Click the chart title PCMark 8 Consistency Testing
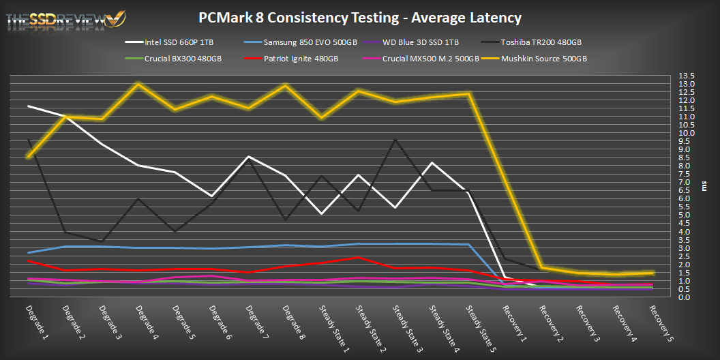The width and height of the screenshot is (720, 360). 359,17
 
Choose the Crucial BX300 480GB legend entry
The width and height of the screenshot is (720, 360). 183,59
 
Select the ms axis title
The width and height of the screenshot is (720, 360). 704,186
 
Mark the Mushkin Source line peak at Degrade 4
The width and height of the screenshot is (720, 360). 138,84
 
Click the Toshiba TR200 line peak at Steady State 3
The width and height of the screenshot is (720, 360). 395,140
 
